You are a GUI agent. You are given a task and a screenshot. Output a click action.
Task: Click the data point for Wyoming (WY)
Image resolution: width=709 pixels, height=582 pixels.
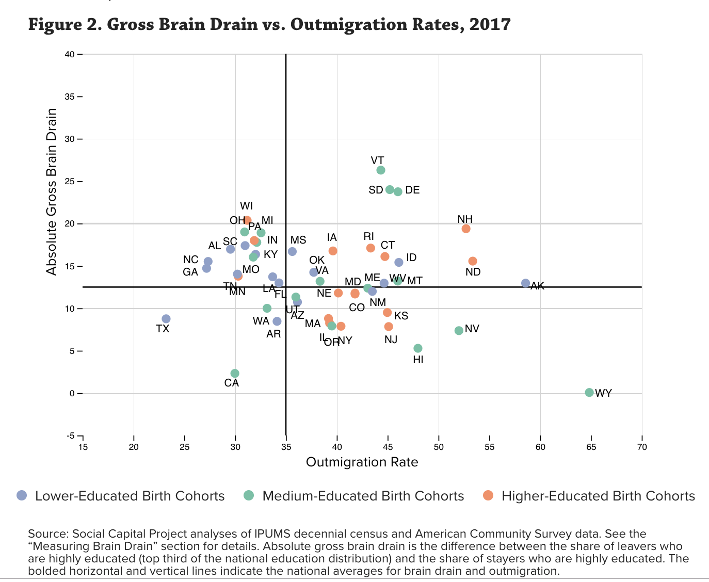589,393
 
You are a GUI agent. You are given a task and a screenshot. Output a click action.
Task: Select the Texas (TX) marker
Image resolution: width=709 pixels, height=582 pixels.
166,319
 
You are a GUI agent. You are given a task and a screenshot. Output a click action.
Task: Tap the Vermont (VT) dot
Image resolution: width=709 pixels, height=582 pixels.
381,170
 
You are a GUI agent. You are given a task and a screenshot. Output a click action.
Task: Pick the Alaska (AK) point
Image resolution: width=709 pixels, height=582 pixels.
525,283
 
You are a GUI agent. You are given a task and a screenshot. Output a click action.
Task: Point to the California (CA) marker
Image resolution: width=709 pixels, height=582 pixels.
235,373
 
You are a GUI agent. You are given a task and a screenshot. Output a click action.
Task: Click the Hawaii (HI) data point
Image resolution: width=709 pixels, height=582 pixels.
418,348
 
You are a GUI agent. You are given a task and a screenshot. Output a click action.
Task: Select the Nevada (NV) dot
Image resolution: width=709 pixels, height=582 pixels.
459,330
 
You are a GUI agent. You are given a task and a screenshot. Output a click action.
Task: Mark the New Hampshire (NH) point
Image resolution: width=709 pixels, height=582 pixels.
466,229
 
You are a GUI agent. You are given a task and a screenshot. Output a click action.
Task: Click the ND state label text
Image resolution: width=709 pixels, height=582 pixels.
473,272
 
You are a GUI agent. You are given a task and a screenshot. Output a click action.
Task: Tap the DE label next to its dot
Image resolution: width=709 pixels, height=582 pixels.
412,190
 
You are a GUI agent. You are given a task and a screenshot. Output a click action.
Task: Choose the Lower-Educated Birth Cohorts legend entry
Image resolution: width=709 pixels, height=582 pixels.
130,496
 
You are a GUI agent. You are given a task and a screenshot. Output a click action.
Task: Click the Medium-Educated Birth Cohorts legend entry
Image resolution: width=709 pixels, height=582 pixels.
363,496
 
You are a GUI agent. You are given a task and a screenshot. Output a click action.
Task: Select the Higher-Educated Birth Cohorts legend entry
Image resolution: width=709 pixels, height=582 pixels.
598,496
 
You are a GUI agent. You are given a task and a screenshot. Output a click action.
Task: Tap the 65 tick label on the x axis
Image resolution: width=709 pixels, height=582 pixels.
591,447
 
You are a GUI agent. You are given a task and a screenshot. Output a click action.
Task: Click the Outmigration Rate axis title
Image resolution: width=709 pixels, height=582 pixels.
362,462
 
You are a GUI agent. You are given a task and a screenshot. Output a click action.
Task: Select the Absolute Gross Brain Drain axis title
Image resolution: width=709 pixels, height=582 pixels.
51,191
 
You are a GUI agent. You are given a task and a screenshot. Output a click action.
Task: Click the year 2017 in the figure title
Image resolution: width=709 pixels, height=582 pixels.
490,24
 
